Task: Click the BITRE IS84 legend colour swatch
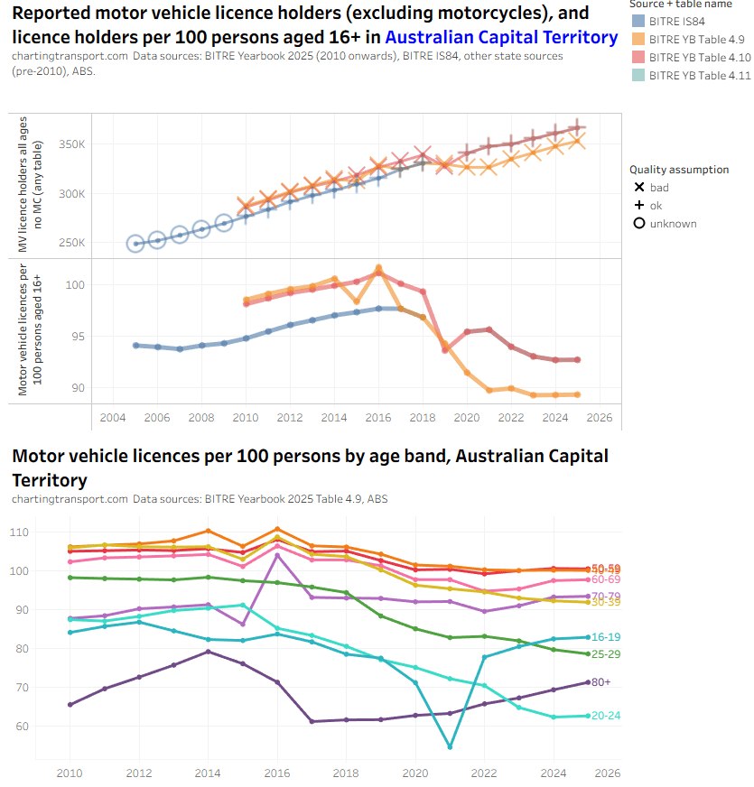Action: (638, 22)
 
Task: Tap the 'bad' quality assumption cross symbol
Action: (639, 188)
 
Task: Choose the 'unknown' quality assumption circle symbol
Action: (639, 223)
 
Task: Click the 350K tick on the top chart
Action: (72, 144)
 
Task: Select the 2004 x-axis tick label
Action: (113, 419)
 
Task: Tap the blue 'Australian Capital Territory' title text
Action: (502, 37)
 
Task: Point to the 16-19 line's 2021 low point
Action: (450, 746)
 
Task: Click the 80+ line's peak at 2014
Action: (207, 651)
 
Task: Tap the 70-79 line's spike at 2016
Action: (276, 554)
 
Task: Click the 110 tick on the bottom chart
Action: (43, 532)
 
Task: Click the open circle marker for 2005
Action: (135, 244)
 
